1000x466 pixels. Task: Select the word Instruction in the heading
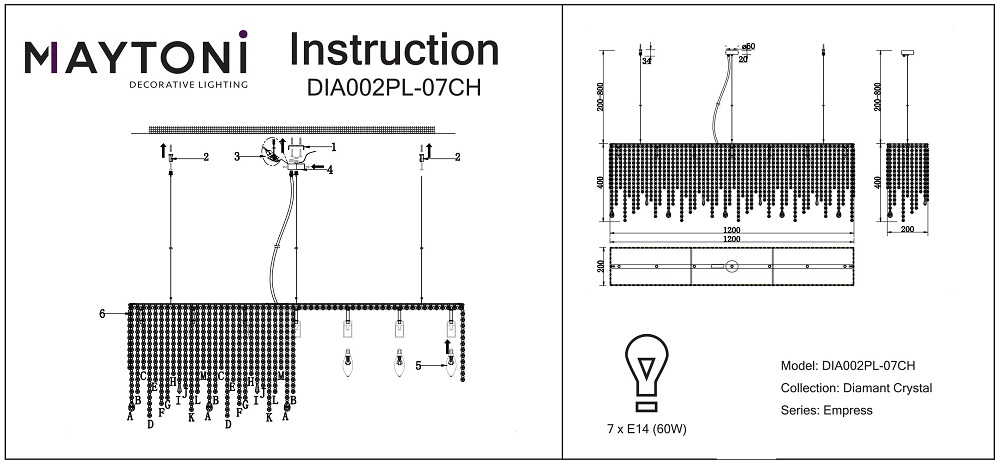pos(393,50)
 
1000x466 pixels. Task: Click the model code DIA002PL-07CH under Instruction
pos(393,88)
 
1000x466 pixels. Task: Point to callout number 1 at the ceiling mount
pos(333,147)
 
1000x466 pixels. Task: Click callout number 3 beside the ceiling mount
pos(237,156)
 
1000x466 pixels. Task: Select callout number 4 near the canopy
pos(329,169)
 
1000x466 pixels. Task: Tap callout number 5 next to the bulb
pos(418,366)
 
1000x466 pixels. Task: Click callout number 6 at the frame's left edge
pos(102,314)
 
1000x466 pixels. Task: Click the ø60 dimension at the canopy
pos(748,47)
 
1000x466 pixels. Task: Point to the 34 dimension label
pos(647,61)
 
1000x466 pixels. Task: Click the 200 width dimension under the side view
pos(906,230)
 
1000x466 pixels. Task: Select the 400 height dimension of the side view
pos(878,182)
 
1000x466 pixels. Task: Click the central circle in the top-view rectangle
pos(731,267)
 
